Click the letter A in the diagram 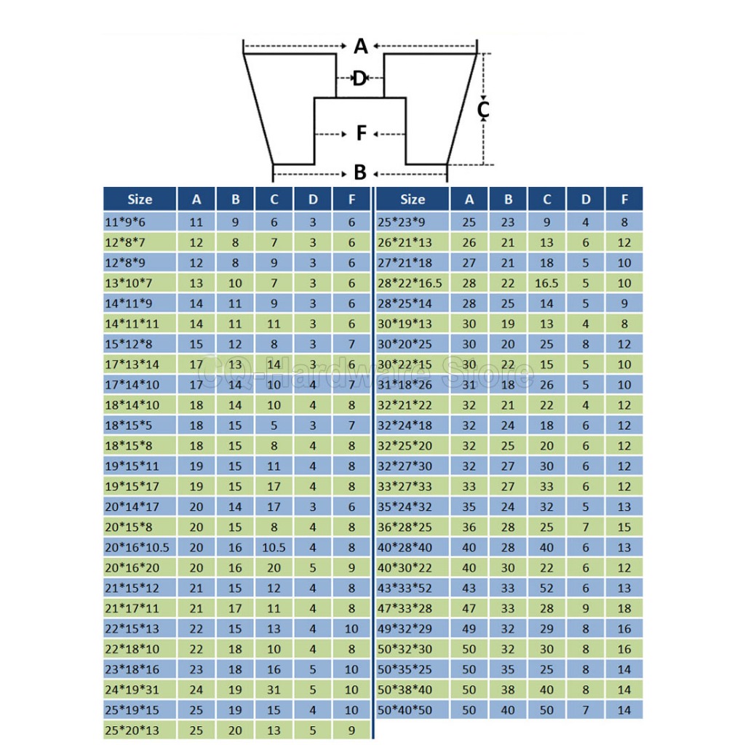(361, 47)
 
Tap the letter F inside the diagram (362, 134)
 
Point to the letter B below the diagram (360, 173)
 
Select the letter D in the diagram (359, 79)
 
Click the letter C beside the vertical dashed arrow (482, 110)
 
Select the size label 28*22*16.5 (410, 282)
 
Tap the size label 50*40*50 (405, 709)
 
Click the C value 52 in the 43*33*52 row (547, 587)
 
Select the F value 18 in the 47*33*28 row (624, 607)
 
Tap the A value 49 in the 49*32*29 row (469, 628)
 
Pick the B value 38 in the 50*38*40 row (509, 689)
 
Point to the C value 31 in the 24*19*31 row (274, 689)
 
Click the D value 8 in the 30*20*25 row (586, 343)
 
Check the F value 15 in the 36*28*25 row (624, 526)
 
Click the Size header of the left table (140, 199)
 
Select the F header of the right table (624, 199)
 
